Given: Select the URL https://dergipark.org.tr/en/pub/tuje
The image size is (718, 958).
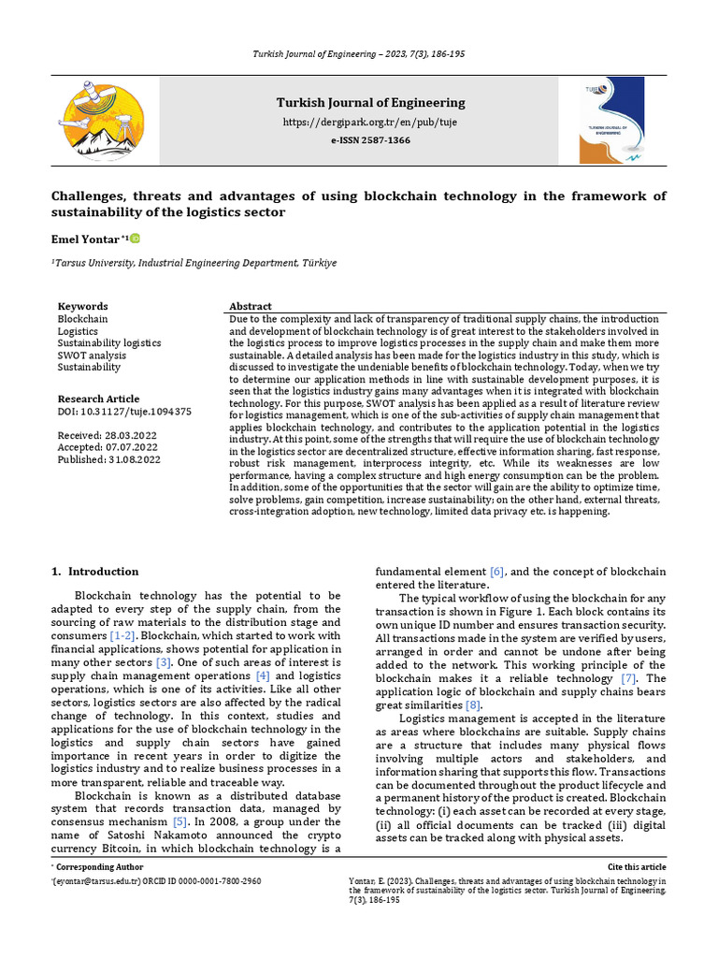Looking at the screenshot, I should (370, 123).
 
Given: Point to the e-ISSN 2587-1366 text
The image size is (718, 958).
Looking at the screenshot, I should (370, 139).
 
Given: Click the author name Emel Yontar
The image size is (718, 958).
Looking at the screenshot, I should (84, 240).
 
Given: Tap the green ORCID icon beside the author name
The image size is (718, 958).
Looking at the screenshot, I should (135, 239).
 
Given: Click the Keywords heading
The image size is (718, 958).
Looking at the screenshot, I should (82, 307).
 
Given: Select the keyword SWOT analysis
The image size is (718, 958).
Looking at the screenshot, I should (92, 356).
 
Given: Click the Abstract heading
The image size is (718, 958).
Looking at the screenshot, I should (250, 307).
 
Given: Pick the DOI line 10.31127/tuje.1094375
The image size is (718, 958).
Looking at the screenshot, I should (124, 411).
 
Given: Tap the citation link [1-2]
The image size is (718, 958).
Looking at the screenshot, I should (122, 635).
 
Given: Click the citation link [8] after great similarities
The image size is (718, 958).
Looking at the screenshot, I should (474, 704).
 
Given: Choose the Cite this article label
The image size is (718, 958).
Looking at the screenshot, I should (637, 868).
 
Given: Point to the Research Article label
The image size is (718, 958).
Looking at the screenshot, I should (98, 399).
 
